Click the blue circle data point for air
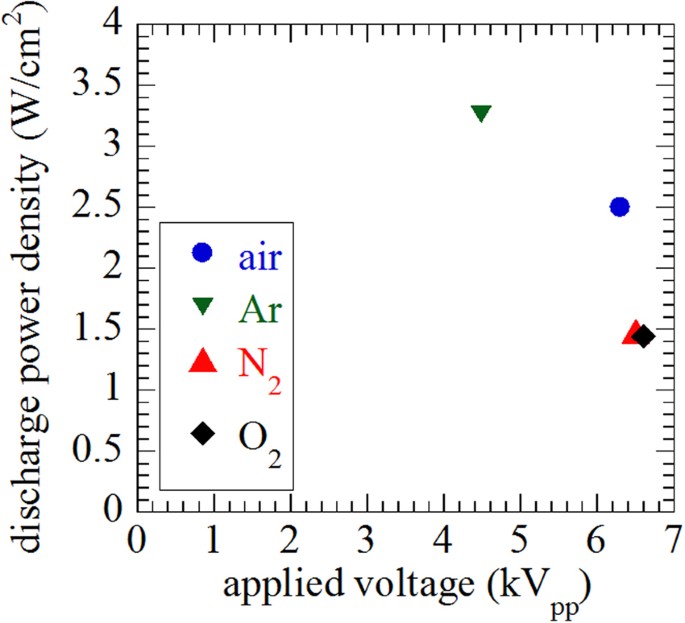[x=620, y=207]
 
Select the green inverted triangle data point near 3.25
[x=481, y=113]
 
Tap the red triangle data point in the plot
[x=633, y=333]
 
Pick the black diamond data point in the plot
[x=645, y=336]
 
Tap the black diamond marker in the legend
[x=203, y=433]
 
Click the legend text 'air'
[x=260, y=254]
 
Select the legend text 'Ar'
[x=257, y=308]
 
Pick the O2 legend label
[x=258, y=438]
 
